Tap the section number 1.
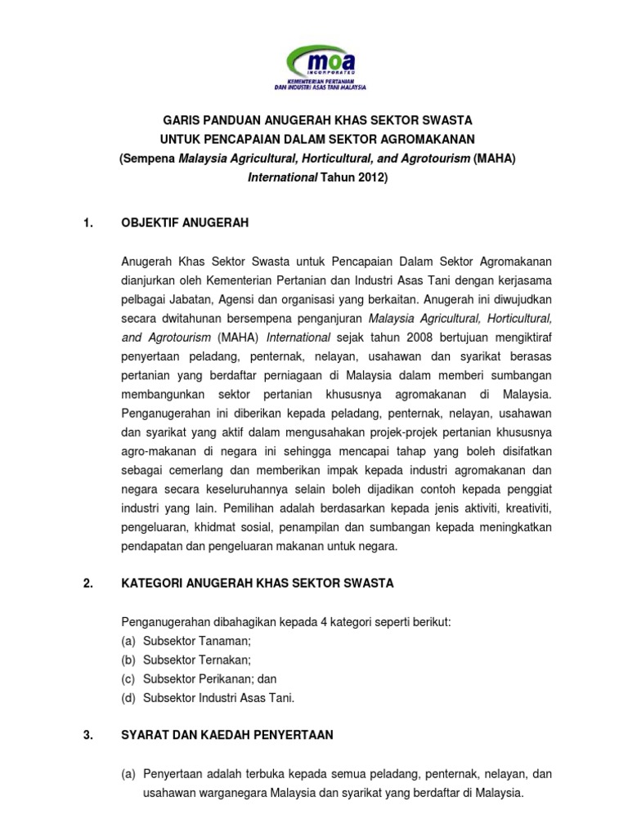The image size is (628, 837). [x=89, y=222]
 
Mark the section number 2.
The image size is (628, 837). [x=89, y=584]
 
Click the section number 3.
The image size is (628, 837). [x=89, y=735]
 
